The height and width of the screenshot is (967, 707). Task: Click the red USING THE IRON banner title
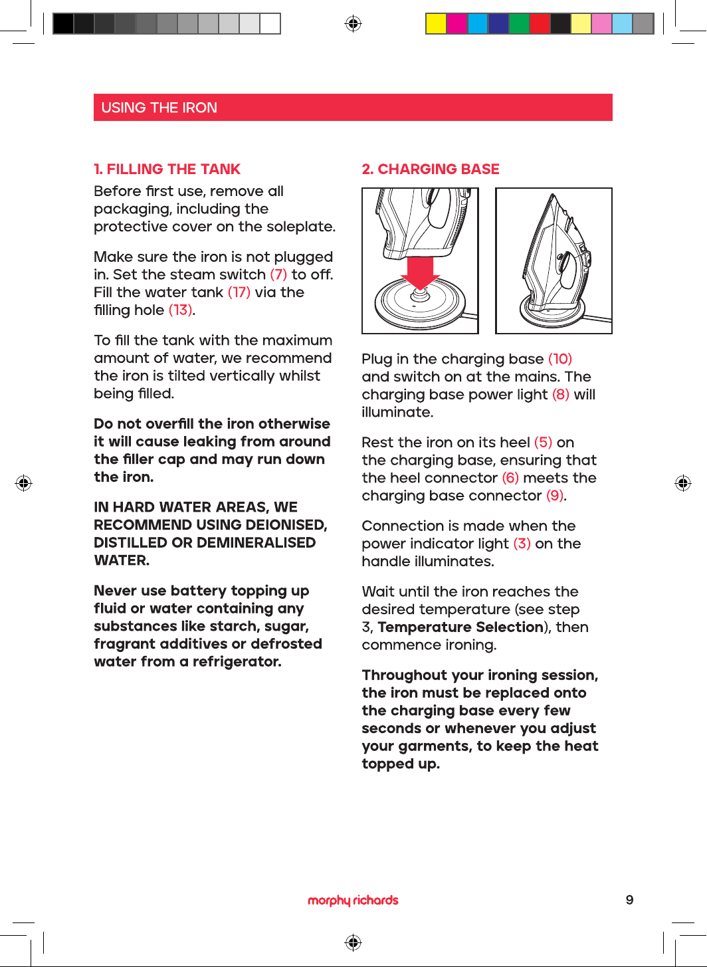(159, 108)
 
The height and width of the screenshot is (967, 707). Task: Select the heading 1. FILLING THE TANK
(167, 169)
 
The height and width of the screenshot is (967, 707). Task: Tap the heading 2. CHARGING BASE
(431, 169)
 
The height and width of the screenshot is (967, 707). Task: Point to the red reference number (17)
(239, 292)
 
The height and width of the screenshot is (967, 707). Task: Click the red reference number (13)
(181, 310)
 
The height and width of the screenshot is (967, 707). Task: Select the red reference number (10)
(559, 359)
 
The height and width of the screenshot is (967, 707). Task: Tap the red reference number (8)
(561, 394)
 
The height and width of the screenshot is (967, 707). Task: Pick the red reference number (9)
(555, 495)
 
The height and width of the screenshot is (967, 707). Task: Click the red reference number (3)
(522, 543)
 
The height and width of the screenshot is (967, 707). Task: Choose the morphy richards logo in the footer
(353, 900)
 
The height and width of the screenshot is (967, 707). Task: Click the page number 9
(629, 900)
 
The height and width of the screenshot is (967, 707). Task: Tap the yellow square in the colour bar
(436, 23)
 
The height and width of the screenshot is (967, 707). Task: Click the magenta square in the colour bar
(456, 23)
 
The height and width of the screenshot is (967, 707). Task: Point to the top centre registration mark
(353, 23)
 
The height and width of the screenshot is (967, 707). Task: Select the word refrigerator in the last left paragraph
(237, 661)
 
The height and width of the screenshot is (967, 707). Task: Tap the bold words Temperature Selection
(460, 627)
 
